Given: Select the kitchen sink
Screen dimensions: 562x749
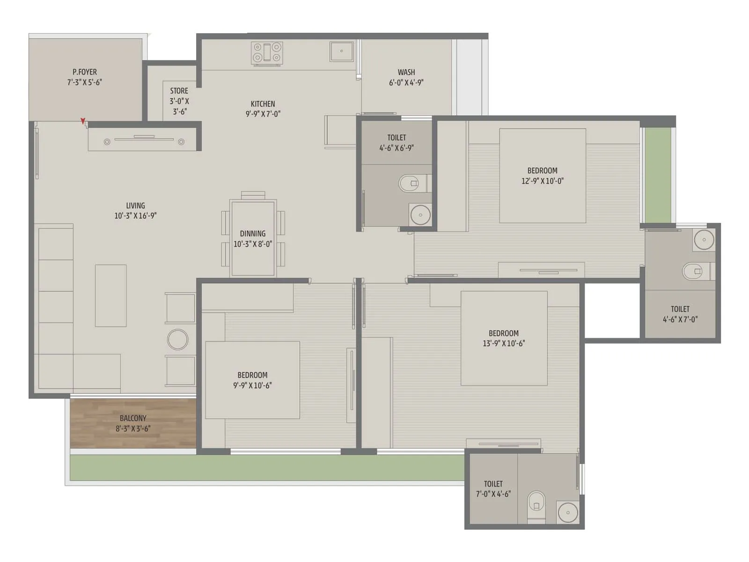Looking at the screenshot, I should pos(341,51).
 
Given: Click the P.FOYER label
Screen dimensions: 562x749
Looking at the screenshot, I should pos(85,72).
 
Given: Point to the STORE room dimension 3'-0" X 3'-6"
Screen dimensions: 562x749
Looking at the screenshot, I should pos(179,106).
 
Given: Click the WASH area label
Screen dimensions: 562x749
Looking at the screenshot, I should pos(406,72).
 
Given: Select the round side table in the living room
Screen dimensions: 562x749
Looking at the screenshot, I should pos(178,340).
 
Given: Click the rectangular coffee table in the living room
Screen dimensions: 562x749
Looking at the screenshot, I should pos(110,296).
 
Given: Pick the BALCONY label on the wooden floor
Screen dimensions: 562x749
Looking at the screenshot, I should pos(133,418).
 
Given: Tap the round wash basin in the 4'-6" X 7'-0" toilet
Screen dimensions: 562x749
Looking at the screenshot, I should pos(704,240).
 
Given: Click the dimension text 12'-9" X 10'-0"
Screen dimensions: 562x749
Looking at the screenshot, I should pos(543,181).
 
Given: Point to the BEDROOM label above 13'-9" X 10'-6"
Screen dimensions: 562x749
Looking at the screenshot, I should pos(504,333).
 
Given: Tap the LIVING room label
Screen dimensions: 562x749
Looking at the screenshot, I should pos(135,206).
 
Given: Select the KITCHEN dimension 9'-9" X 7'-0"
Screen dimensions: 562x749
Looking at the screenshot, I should pos(263,114).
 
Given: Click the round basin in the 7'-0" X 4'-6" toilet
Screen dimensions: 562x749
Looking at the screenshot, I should pos(568,512).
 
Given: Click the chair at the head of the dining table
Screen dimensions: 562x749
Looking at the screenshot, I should pos(253,195).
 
